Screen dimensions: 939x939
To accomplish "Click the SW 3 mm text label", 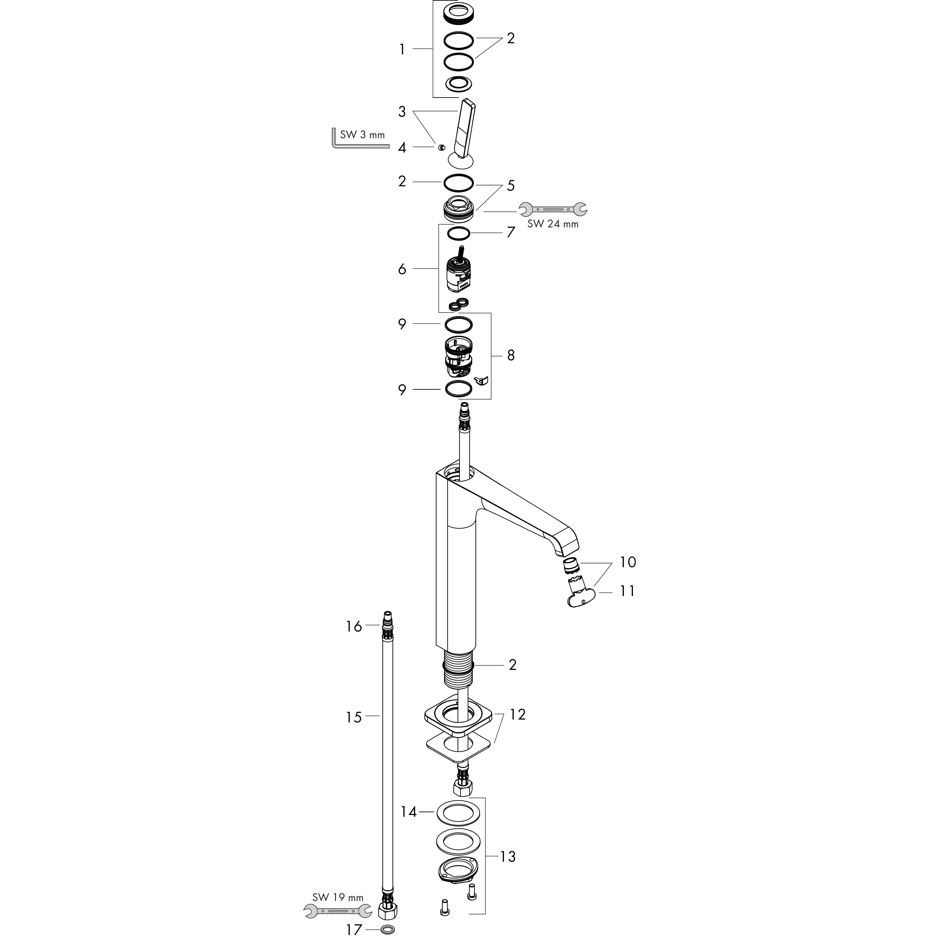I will [x=362, y=135].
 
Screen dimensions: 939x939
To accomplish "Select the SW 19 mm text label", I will [x=338, y=897].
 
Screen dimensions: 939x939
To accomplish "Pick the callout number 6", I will [x=402, y=269].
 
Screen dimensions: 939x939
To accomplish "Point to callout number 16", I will [x=354, y=627].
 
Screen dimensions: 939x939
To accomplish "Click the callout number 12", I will [x=518, y=715].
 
